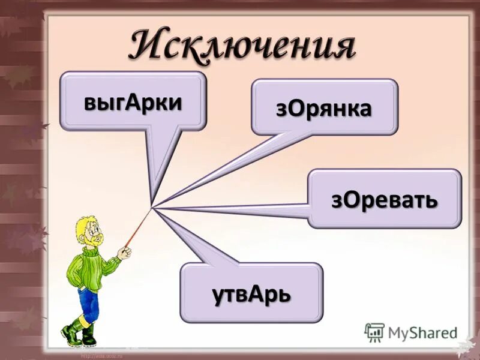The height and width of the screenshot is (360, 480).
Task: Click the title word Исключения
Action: (x=242, y=45)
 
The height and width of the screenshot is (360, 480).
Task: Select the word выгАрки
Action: (x=133, y=101)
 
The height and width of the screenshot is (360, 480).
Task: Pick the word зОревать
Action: (x=384, y=199)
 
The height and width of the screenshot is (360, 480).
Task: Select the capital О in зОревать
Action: (x=353, y=199)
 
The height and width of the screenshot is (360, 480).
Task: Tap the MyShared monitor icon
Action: (x=374, y=332)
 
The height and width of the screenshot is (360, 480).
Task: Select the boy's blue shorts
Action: (x=88, y=302)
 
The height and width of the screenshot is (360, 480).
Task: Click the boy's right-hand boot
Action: (x=89, y=335)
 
